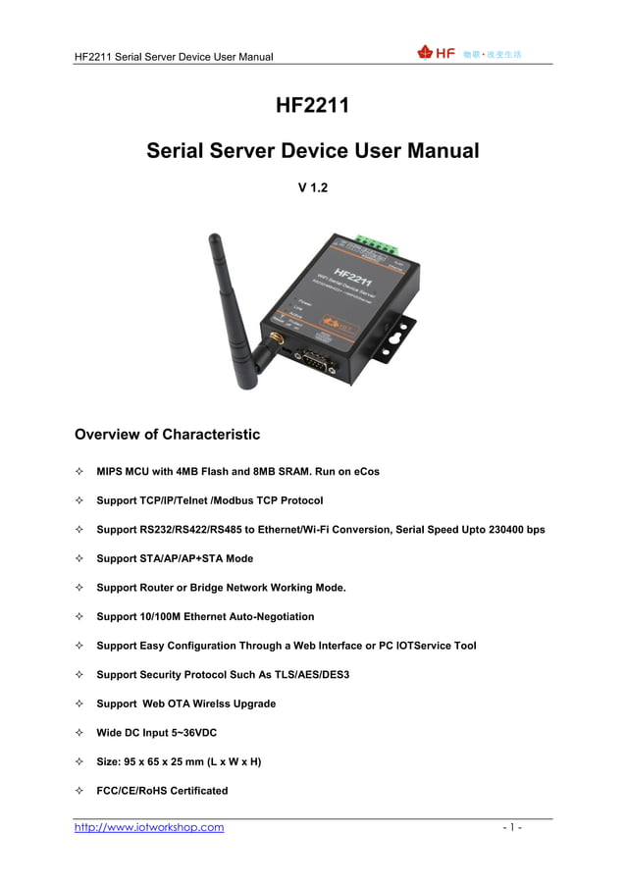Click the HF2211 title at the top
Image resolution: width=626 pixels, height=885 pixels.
312,105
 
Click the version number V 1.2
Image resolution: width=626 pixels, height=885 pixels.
312,186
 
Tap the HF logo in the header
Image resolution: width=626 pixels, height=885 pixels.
437,53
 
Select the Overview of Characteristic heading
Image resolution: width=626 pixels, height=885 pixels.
167,435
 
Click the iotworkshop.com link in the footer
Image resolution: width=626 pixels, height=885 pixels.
149,827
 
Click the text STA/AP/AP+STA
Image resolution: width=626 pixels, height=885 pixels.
182,558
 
